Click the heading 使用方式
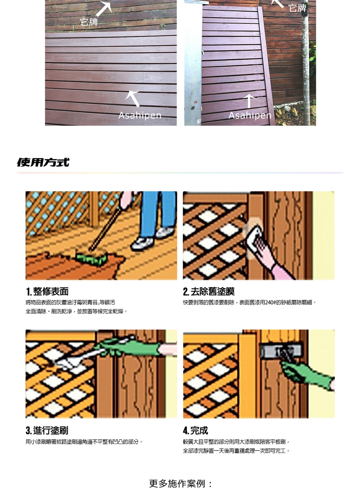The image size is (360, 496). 43,162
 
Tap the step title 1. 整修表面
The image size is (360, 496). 47,292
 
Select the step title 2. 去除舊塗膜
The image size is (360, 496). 208,292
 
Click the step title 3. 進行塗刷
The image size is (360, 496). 47,430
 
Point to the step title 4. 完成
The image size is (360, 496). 195,430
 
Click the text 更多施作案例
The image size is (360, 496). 177,484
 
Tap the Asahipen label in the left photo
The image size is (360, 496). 139,115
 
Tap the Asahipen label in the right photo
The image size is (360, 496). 250,115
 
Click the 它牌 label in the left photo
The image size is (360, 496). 89,22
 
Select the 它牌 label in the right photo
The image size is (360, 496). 297,8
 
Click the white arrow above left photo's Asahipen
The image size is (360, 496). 132,99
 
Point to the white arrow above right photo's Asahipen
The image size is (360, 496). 249,101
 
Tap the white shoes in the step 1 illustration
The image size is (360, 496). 152,238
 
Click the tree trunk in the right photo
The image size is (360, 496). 306,64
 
